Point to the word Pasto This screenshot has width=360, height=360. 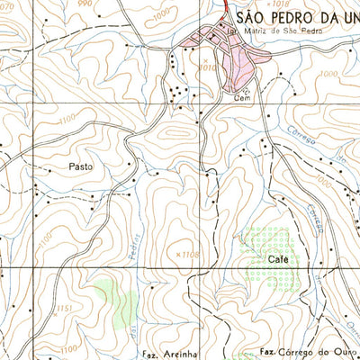[80, 166]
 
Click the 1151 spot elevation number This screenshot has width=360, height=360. [63, 310]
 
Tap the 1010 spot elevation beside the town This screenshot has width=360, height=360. [209, 67]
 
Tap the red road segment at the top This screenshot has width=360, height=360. [223, 7]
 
